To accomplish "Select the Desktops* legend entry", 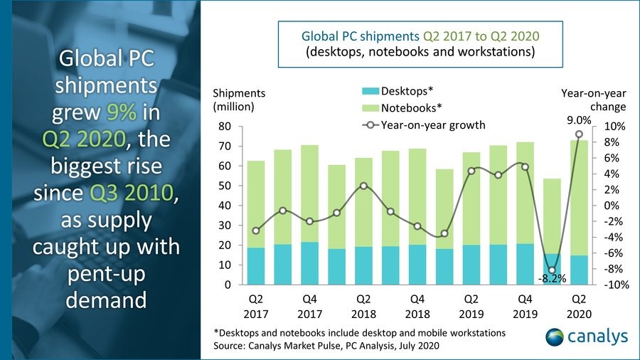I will pyautogui.click(x=398, y=90).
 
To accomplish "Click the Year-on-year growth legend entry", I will pyautogui.click(x=423, y=125).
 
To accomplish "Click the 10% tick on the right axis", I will pyautogui.click(x=613, y=127).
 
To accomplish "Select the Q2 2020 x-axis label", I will pyautogui.click(x=579, y=306).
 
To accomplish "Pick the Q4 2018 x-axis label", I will pyautogui.click(x=417, y=306).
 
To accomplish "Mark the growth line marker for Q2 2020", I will pyautogui.click(x=579, y=134).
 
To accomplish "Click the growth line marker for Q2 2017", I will pyautogui.click(x=256, y=231).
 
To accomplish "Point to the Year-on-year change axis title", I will pyautogui.click(x=594, y=100).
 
